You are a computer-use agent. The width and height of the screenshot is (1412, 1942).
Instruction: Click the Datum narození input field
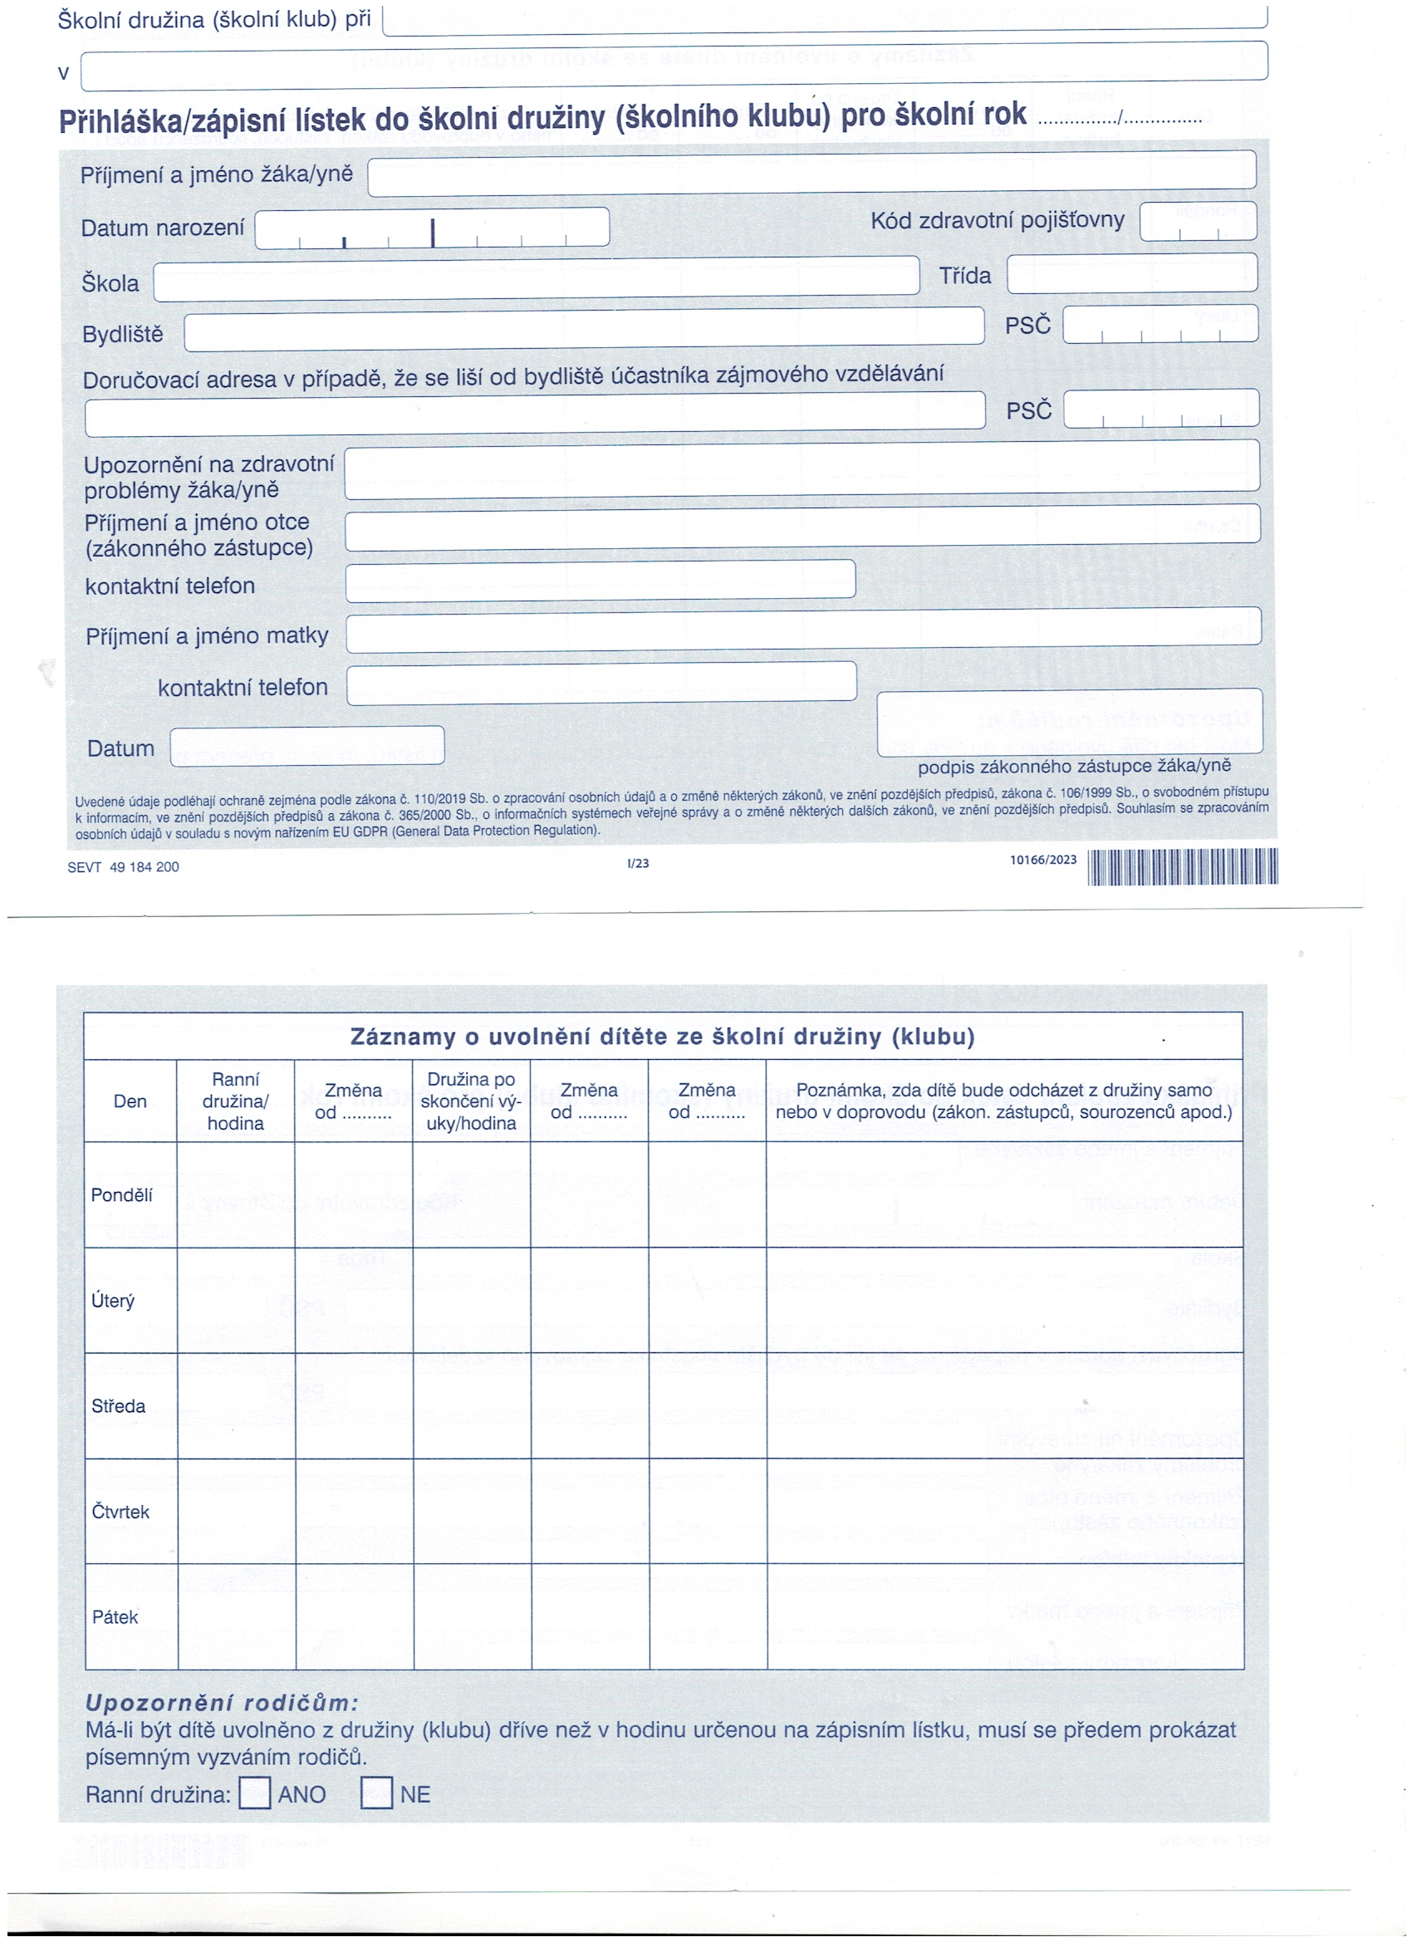click(432, 228)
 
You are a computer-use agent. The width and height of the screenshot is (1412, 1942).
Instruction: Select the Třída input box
click(1131, 273)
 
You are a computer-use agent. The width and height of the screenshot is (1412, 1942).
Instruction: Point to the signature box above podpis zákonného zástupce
click(1069, 722)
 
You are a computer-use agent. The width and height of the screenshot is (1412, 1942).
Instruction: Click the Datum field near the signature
click(306, 746)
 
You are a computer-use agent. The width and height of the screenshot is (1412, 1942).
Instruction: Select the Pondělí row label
click(121, 1194)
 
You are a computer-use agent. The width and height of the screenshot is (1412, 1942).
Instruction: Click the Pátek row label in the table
click(115, 1616)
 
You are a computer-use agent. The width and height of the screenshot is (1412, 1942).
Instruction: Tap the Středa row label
click(118, 1406)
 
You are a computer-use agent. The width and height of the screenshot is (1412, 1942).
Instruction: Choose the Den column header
click(130, 1101)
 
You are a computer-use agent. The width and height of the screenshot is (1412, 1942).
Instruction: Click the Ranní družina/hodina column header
click(236, 1101)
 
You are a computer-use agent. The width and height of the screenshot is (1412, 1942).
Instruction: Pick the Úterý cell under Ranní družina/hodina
click(237, 1300)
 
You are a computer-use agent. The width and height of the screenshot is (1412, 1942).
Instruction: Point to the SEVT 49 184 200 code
click(123, 866)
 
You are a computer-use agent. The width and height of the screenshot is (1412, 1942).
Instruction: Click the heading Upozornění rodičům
click(222, 1702)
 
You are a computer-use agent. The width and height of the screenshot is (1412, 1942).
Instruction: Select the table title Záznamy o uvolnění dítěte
click(662, 1037)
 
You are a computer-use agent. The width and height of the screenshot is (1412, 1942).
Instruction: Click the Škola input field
click(536, 279)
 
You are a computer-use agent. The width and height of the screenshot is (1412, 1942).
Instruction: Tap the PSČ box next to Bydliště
click(1160, 325)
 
